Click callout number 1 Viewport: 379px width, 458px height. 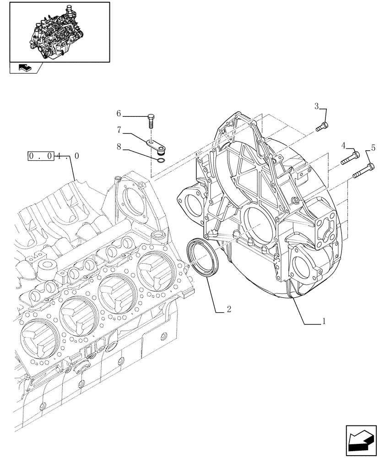click(x=324, y=322)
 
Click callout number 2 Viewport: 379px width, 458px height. click(x=228, y=310)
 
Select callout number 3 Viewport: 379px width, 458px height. click(x=317, y=107)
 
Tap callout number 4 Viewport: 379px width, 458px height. click(x=343, y=146)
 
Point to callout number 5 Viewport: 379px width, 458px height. click(x=373, y=147)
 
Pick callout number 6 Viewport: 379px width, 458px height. click(x=118, y=113)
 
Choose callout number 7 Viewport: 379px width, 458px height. click(x=119, y=130)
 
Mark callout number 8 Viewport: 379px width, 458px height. click(x=119, y=147)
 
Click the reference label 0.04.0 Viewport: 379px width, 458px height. click(x=54, y=156)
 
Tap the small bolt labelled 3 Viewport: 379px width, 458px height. click(x=322, y=126)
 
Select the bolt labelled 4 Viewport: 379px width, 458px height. click(x=349, y=159)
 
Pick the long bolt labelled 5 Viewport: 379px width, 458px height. click(x=364, y=170)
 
